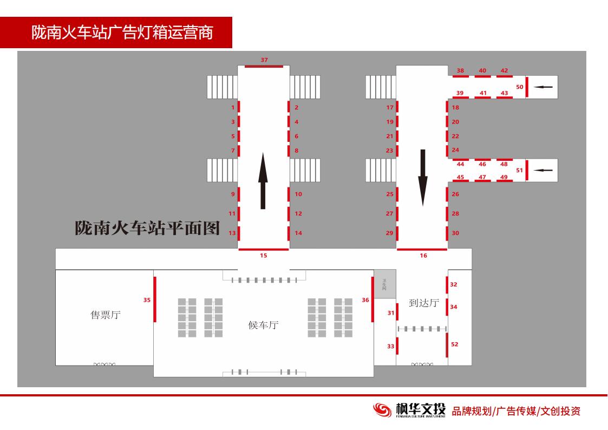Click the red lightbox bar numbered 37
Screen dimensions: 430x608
pos(264,66)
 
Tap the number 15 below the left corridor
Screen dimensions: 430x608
pos(263,256)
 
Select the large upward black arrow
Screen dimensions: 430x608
pos(263,181)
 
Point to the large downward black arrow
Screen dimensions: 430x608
pos(423,178)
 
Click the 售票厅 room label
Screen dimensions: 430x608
pos(105,315)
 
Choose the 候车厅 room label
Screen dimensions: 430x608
pos(263,325)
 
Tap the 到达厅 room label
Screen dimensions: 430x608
pos(423,303)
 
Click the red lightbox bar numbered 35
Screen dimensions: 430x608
pos(155,299)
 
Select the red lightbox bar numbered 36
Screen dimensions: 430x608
pos(372,299)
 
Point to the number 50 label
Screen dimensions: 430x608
pos(519,87)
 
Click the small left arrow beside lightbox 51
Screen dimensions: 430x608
pos(543,171)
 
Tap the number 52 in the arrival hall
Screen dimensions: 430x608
pos(455,344)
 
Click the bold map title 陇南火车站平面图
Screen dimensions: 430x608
pos(147,228)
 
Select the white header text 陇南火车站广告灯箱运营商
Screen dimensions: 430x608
pos(122,32)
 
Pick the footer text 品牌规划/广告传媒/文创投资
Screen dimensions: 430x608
pos(516,411)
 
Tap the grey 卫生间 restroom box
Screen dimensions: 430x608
pos(384,284)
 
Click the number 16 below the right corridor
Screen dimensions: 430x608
pos(423,256)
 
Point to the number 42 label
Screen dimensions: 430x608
pos(504,70)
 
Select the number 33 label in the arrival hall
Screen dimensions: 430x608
pos(390,347)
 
